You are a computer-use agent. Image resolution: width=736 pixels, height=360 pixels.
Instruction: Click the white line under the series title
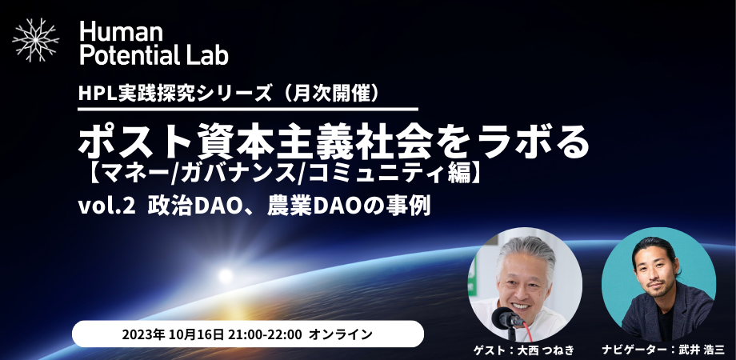[247, 108]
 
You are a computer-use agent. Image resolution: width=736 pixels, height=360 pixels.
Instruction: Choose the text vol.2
[105, 207]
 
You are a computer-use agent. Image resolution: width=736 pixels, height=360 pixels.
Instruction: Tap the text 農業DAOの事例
[343, 207]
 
